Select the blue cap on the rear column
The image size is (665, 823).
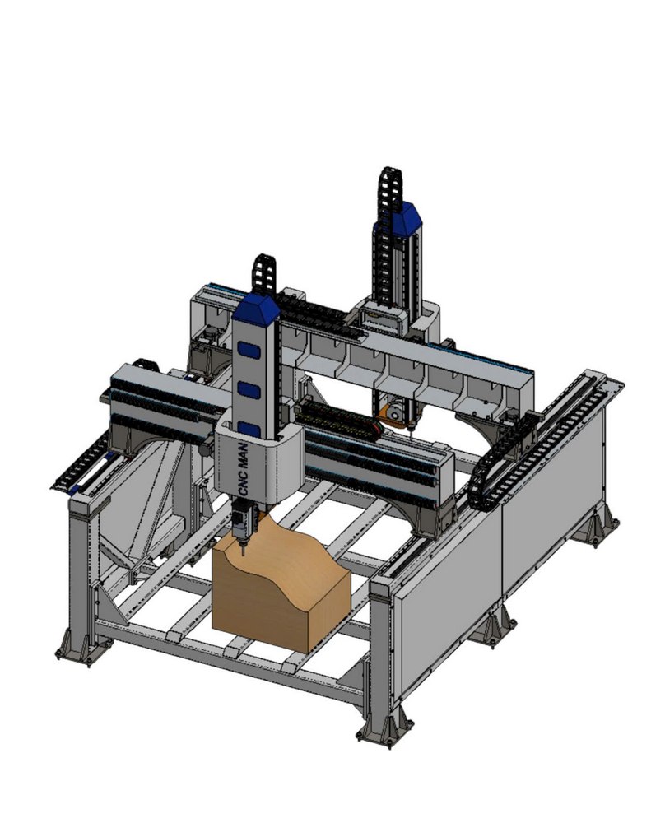[398, 216]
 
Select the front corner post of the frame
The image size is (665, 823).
[381, 642]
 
